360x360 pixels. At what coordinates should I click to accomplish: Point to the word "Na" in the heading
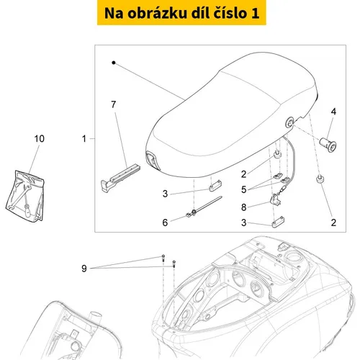[114, 13]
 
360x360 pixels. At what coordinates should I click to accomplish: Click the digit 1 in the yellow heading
[256, 13]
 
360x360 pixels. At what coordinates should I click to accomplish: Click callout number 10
[40, 139]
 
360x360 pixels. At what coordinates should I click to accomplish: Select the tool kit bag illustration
[25, 196]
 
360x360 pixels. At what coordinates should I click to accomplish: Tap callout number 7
[114, 104]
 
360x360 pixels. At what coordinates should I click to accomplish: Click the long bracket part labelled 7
[120, 178]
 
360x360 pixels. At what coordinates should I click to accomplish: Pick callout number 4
[333, 112]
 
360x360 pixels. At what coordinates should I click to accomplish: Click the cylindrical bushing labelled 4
[328, 144]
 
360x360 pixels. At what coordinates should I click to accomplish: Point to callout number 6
[165, 222]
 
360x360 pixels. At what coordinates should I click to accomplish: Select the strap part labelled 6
[204, 207]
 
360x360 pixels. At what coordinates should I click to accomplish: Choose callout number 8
[244, 207]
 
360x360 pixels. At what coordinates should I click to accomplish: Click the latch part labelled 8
[276, 199]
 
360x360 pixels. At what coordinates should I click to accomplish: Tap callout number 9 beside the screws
[84, 269]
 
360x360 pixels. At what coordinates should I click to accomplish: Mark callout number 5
[244, 189]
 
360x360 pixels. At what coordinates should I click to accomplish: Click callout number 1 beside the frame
[84, 139]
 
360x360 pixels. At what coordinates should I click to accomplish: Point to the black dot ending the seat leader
[114, 63]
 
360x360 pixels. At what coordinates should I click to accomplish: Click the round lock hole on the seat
[289, 122]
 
